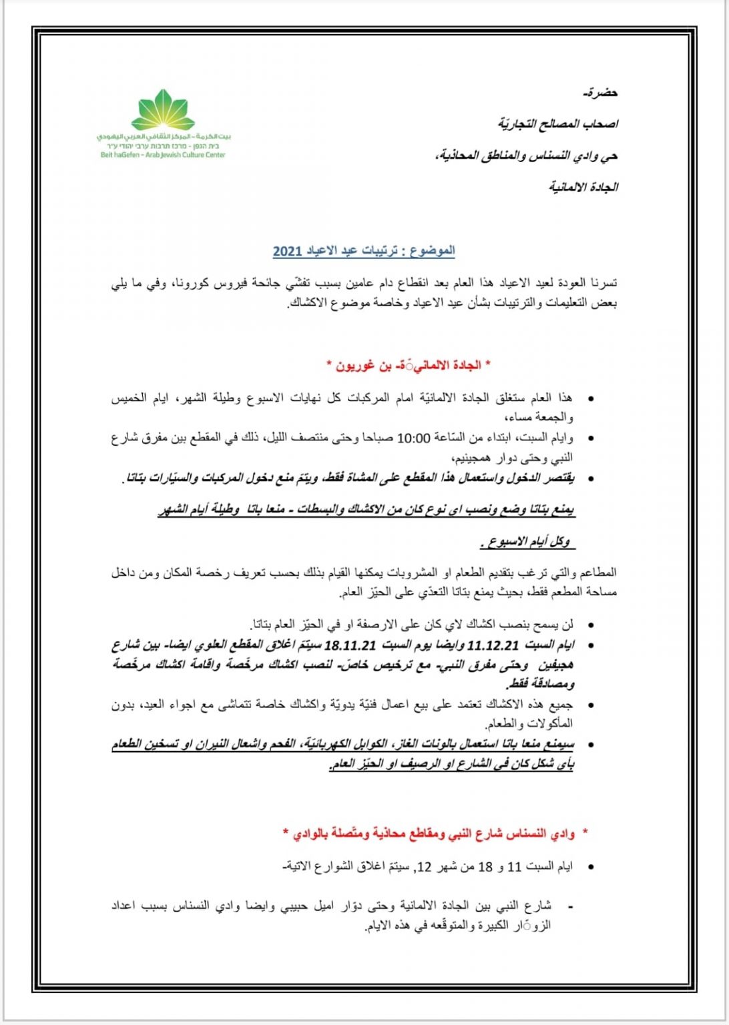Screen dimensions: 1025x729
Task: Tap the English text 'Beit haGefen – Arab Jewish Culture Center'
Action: pos(163,155)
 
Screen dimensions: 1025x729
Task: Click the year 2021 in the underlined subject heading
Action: pos(288,251)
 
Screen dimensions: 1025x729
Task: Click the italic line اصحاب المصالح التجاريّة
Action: pos(558,124)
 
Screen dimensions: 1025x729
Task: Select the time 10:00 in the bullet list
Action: pos(414,438)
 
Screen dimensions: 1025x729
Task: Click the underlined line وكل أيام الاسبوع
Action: pos(527,542)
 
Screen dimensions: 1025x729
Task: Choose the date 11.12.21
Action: pos(493,645)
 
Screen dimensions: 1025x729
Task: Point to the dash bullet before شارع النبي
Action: pos(569,906)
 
